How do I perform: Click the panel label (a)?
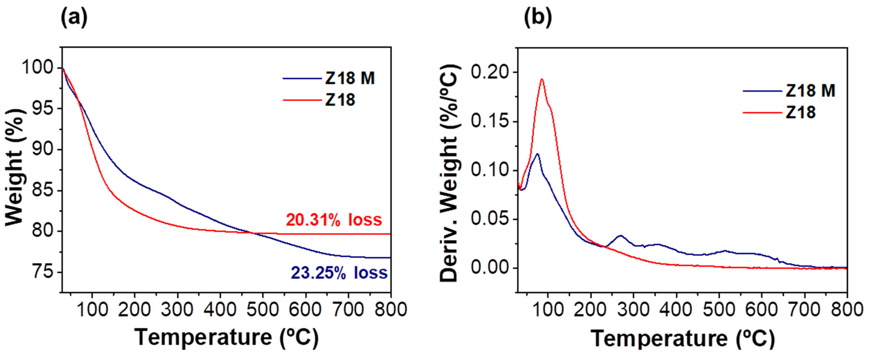point(74,18)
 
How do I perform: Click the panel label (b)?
point(538,18)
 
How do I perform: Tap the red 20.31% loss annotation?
point(334,220)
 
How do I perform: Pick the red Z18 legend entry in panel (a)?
point(340,100)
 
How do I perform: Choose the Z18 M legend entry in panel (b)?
point(810,91)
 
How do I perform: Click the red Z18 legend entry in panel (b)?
point(800,112)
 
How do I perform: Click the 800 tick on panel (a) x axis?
point(391,309)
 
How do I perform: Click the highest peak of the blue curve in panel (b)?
point(537,154)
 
